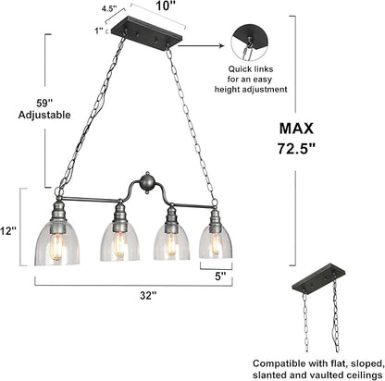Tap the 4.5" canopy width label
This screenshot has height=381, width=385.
tap(109, 8)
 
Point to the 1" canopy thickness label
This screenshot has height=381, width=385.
tap(99, 31)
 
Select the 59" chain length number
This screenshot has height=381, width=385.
tap(44, 103)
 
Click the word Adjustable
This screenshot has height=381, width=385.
tap(44, 116)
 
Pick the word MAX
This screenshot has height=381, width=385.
tap(296, 129)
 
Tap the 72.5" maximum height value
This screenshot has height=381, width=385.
tap(296, 148)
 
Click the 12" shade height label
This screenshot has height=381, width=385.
tap(7, 231)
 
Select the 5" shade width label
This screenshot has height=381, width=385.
tap(220, 277)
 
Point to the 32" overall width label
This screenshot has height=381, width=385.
tap(148, 295)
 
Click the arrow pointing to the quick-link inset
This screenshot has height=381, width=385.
tap(201, 45)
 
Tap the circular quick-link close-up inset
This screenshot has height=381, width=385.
tap(250, 43)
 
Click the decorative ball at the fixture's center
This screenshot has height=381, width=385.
tap(146, 182)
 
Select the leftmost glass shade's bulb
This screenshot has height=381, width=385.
tap(57, 247)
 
